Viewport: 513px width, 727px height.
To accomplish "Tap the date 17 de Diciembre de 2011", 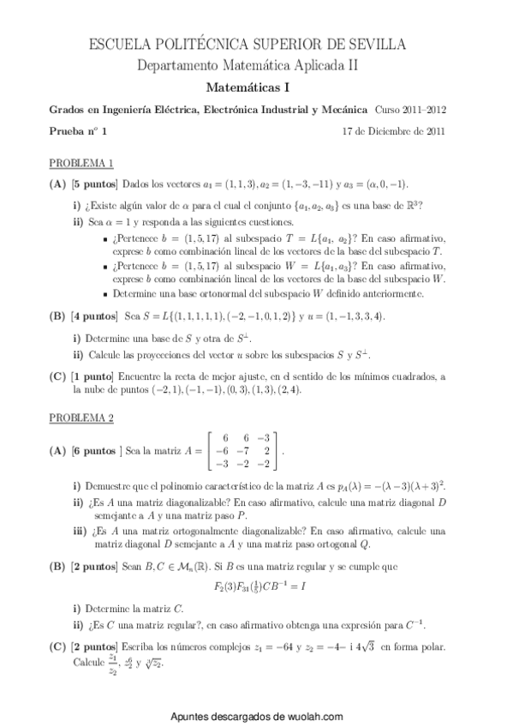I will point(392,131).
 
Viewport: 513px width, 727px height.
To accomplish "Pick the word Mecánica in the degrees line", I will point(340,111).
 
